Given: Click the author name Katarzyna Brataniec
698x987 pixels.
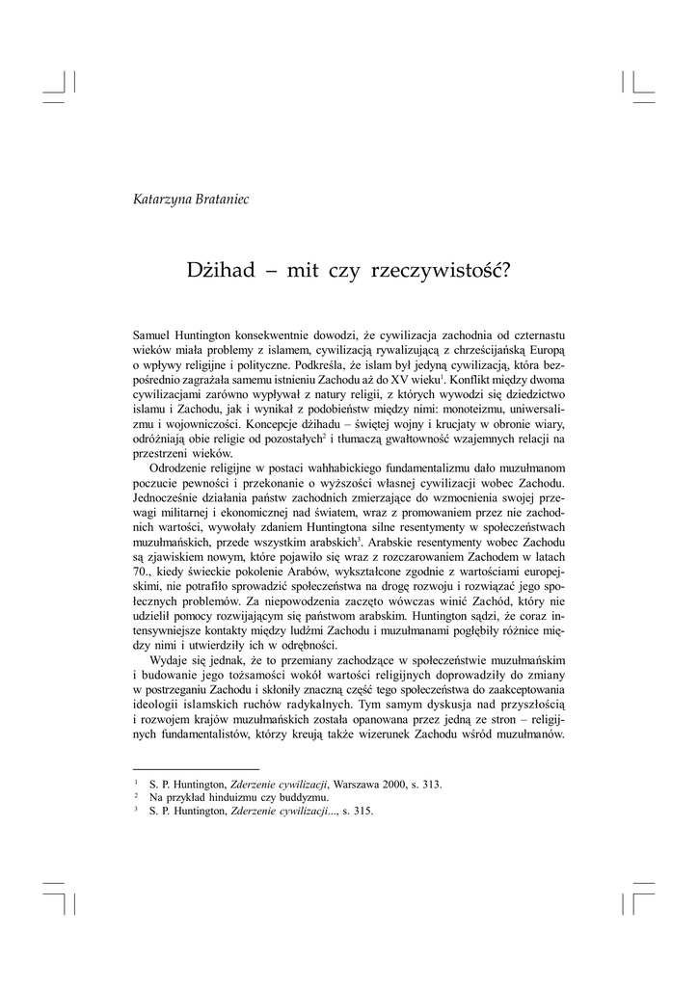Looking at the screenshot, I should [191, 199].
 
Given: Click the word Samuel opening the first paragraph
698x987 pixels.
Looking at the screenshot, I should [152, 334].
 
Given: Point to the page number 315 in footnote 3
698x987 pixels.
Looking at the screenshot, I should [362, 811].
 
